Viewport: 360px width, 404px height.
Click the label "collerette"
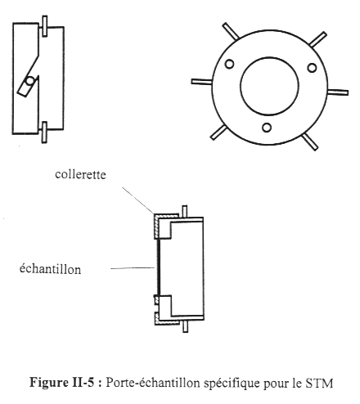click(x=80, y=174)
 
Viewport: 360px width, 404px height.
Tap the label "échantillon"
click(x=50, y=269)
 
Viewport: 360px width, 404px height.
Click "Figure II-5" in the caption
click(x=61, y=382)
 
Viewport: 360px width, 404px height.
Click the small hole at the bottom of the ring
click(x=267, y=128)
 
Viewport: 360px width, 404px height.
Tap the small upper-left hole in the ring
click(x=229, y=64)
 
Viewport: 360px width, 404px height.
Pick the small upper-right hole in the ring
click(x=312, y=68)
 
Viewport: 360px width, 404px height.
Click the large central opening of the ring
click(x=269, y=86)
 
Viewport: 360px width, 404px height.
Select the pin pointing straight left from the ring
click(x=201, y=82)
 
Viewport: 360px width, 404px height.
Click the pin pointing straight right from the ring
click(x=338, y=92)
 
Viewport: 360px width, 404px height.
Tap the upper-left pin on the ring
click(x=231, y=31)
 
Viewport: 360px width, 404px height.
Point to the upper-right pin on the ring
click(x=318, y=39)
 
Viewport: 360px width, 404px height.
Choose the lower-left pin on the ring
click(x=218, y=132)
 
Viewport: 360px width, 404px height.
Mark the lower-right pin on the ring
click(x=310, y=141)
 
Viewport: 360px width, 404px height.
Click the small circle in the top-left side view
click(x=29, y=81)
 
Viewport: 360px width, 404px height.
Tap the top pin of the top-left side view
click(x=44, y=26)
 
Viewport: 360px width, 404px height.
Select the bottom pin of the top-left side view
click(x=44, y=132)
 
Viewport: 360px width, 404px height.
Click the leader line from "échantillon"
click(x=133, y=268)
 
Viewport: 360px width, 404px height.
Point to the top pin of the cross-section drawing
click(x=185, y=211)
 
